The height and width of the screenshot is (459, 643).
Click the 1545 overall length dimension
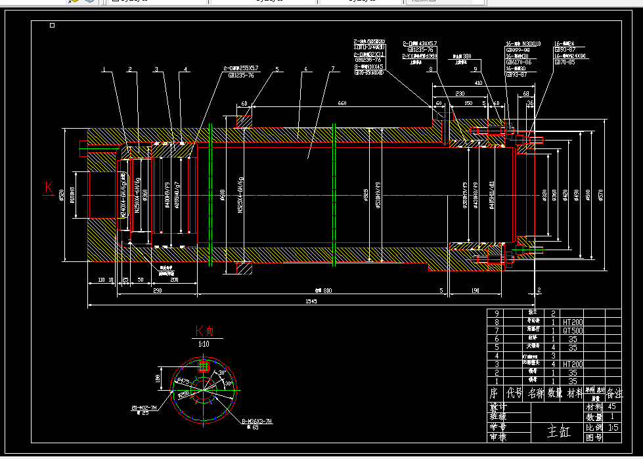tap(311, 301)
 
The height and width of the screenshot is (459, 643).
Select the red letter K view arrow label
tap(49, 188)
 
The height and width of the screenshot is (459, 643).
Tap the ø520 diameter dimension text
tap(62, 195)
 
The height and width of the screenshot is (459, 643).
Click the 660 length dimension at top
tap(342, 104)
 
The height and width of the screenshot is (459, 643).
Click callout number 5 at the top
tap(277, 69)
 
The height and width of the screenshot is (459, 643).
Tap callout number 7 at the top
tap(333, 69)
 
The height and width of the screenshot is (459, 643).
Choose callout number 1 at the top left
tap(103, 69)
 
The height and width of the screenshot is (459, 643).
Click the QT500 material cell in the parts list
tap(573, 331)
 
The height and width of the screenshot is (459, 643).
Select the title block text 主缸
tap(560, 431)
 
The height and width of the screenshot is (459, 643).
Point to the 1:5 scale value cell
tap(613, 427)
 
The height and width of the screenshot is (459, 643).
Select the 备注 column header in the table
tap(613, 394)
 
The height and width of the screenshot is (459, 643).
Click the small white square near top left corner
tap(53, 26)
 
